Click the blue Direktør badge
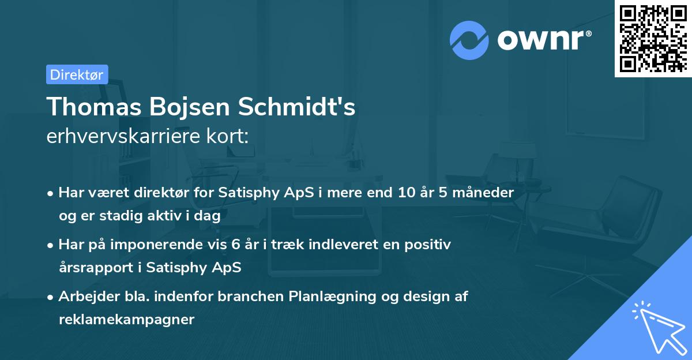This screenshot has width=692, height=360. click(77, 74)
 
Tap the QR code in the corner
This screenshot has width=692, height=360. click(653, 39)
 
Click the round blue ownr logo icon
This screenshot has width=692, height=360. click(469, 40)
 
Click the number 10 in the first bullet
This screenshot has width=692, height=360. click(408, 193)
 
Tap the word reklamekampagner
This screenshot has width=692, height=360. click(126, 320)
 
